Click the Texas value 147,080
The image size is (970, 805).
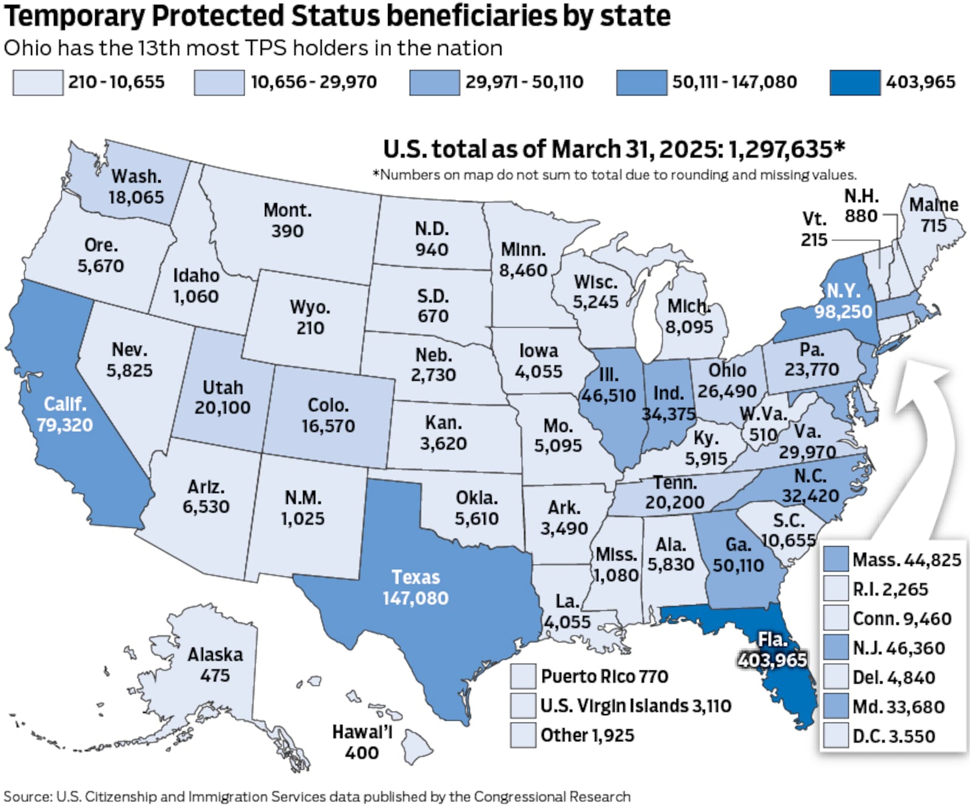coord(415,598)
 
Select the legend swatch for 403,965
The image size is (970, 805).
coord(855,83)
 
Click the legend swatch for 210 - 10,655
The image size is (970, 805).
coord(38,83)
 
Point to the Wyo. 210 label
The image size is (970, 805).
coord(310,317)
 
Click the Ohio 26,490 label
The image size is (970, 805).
coord(727,380)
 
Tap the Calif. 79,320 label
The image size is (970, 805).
coord(65,414)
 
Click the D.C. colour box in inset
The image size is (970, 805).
coord(835,736)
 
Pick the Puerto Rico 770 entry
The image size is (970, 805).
coord(604,676)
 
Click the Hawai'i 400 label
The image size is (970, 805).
coord(362,742)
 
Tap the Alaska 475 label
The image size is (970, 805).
coord(215,665)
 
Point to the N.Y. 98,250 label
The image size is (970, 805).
coord(843,301)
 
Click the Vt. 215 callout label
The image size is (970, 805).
coord(814,229)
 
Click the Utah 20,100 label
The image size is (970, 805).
coord(222,397)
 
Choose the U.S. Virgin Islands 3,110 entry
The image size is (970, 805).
coord(635,706)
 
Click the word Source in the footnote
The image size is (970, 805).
coord(27,796)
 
